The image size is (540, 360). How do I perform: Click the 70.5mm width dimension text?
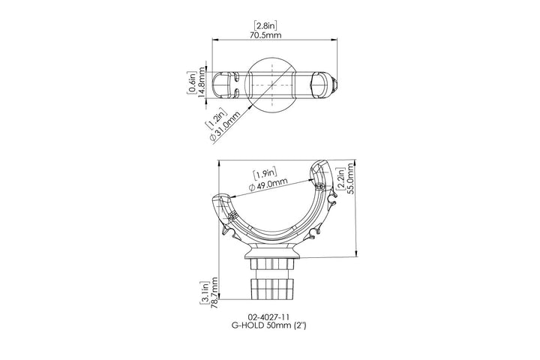[265, 34]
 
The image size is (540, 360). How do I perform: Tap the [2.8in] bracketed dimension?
[265, 25]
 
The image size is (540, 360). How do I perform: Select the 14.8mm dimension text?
[201, 82]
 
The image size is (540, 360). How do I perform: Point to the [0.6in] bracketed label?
[193, 82]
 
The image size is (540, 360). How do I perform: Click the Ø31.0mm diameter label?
[224, 127]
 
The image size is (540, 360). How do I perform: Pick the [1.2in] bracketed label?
[216, 118]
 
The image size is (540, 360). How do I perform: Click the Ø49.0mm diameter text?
[268, 184]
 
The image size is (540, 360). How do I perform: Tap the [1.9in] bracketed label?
[265, 174]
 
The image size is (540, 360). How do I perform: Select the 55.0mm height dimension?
[350, 178]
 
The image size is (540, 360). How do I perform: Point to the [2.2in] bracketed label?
[342, 178]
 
